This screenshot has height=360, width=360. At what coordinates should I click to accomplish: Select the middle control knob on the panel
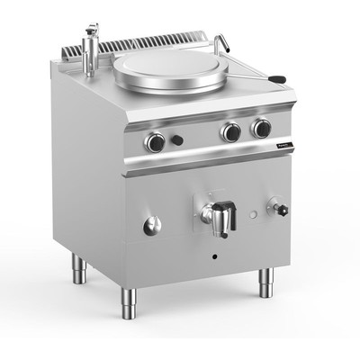point(232,132)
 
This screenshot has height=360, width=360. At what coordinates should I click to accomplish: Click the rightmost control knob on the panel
point(262,128)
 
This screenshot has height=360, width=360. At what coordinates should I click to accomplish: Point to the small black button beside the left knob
point(178,139)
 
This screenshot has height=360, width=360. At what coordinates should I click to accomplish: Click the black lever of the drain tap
point(227,216)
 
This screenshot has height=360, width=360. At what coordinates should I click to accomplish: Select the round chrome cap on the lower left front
point(151,225)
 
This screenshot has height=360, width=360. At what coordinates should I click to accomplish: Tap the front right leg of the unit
point(265,282)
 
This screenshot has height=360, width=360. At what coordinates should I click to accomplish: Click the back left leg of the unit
point(77,267)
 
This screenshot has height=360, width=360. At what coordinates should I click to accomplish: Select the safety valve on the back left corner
point(90,49)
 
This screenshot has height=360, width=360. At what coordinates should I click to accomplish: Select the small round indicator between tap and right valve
point(254,215)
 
